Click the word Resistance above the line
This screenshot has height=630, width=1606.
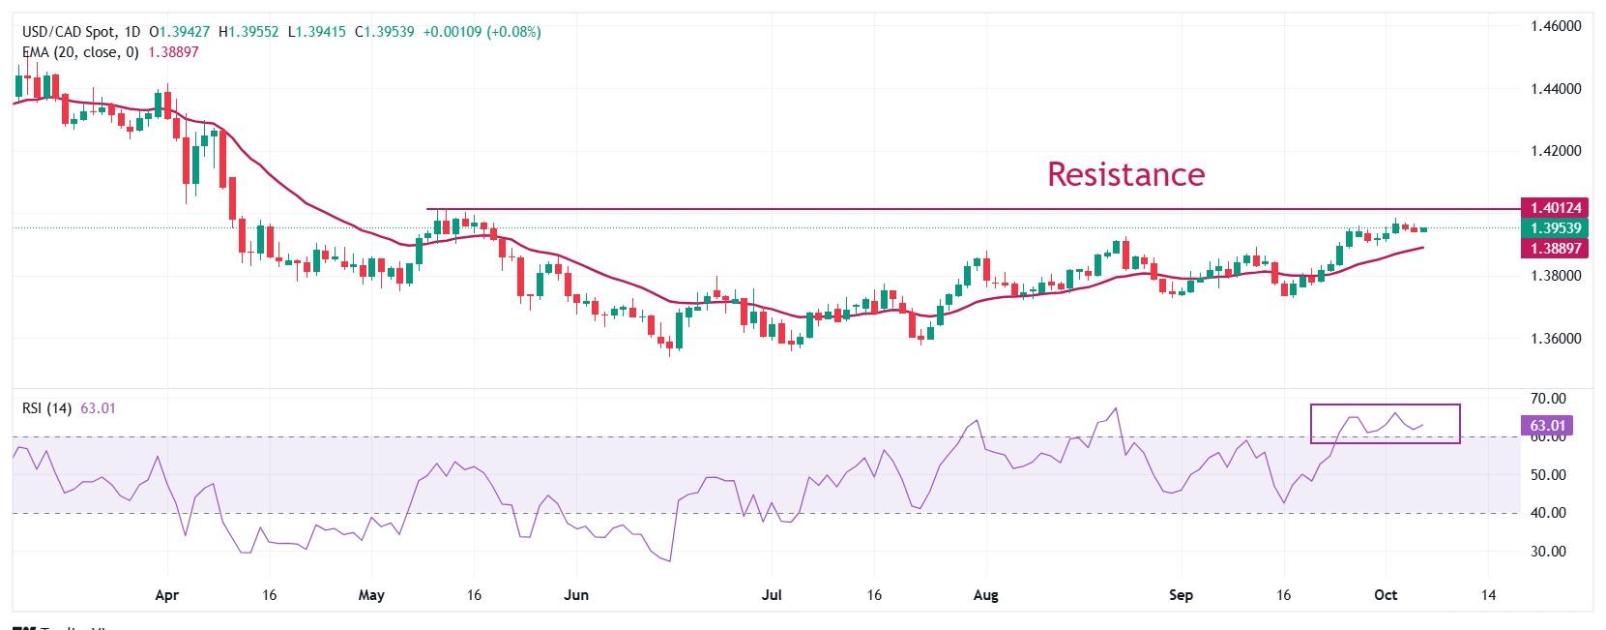[1125, 174]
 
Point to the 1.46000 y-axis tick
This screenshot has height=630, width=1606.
[1556, 26]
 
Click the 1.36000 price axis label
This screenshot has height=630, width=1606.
[1556, 339]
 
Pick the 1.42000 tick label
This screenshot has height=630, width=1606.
[1556, 151]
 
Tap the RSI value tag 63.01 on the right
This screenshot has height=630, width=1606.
[1548, 425]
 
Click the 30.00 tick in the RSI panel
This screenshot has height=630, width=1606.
[1548, 552]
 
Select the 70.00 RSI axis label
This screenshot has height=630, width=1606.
[1548, 399]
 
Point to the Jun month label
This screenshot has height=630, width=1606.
[576, 595]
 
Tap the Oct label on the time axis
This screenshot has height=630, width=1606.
[1386, 595]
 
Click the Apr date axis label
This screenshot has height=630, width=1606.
[167, 595]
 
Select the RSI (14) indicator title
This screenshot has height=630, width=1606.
[47, 408]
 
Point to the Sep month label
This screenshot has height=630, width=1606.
[1181, 595]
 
